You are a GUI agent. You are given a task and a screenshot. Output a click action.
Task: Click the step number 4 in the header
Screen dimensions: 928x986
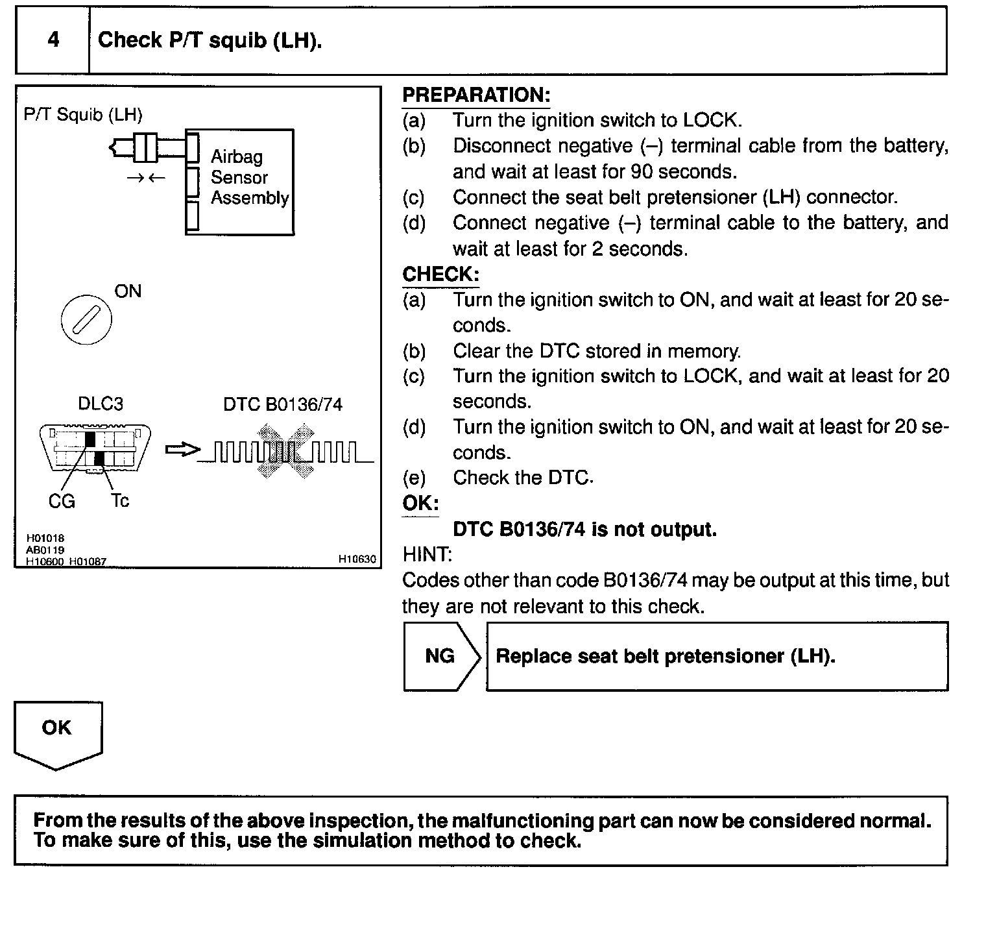pyautogui.click(x=53, y=40)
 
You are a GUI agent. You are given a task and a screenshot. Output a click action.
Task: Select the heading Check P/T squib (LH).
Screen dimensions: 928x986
pyautogui.click(x=210, y=40)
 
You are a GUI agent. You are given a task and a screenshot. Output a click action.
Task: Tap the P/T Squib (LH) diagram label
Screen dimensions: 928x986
pyautogui.click(x=83, y=115)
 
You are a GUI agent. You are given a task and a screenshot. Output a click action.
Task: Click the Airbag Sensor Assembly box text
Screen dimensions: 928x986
pyautogui.click(x=249, y=177)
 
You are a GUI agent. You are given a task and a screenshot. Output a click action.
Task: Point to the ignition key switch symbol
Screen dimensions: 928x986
pyautogui.click(x=86, y=319)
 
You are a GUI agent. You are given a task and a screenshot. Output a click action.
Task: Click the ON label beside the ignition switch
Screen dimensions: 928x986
pyautogui.click(x=128, y=291)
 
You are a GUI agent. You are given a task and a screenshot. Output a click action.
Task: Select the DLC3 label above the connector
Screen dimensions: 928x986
pyautogui.click(x=100, y=404)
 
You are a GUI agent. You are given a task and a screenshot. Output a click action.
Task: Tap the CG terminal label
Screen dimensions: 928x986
pyautogui.click(x=62, y=501)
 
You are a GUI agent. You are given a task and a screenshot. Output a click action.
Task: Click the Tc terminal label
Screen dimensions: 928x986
pyautogui.click(x=120, y=500)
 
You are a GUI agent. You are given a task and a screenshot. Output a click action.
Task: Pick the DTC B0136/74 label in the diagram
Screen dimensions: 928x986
pyautogui.click(x=283, y=404)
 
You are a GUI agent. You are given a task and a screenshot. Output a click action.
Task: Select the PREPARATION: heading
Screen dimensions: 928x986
pyautogui.click(x=476, y=95)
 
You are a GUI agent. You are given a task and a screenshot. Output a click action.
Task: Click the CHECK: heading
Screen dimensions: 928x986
pyautogui.click(x=440, y=275)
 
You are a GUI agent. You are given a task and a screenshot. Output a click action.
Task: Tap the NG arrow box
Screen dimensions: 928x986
pyautogui.click(x=441, y=656)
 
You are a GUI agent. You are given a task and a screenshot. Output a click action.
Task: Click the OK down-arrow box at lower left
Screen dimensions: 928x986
pyautogui.click(x=57, y=733)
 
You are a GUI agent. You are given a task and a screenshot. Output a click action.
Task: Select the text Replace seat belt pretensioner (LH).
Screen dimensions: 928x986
pyautogui.click(x=665, y=656)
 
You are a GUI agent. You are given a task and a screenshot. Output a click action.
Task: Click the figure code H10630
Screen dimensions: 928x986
pyautogui.click(x=357, y=559)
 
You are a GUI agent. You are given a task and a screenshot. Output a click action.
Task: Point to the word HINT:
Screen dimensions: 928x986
pyautogui.click(x=427, y=554)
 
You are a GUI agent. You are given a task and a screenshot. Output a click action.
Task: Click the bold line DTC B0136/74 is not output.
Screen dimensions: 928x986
pyautogui.click(x=584, y=530)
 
